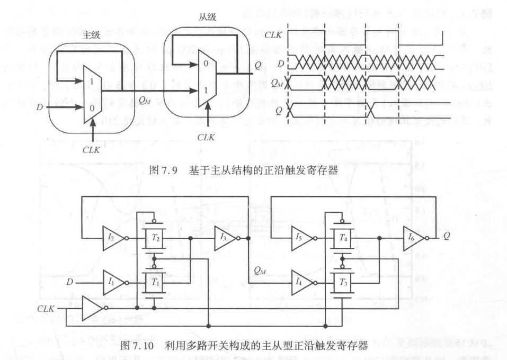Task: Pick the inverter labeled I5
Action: [x=301, y=237]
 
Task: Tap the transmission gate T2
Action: [x=154, y=237]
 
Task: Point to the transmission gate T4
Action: [x=343, y=237]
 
